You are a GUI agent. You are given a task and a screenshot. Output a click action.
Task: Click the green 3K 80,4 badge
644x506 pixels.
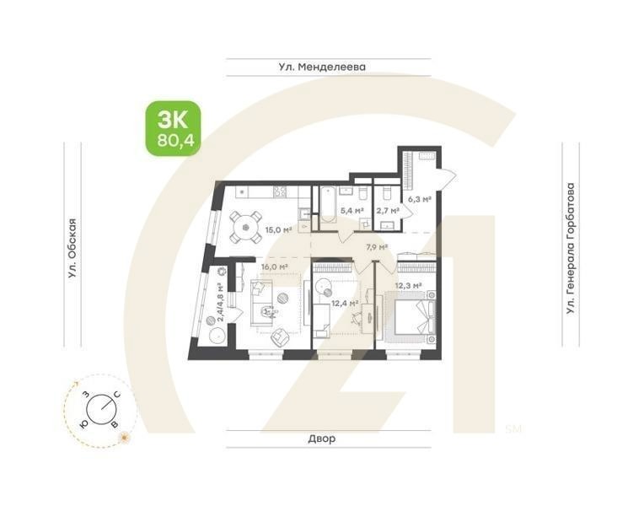pyautogui.click(x=173, y=128)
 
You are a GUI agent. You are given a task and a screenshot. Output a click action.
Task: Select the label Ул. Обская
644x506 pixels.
pyautogui.click(x=73, y=248)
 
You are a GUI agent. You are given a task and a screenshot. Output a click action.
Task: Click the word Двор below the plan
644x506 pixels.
pyautogui.click(x=321, y=439)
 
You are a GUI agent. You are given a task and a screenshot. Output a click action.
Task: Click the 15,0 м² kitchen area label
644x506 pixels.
pyautogui.click(x=278, y=229)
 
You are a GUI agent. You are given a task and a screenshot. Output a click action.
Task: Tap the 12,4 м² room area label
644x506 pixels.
pyautogui.click(x=344, y=304)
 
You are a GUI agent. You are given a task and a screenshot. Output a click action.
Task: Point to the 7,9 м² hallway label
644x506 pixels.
pyautogui.click(x=376, y=247)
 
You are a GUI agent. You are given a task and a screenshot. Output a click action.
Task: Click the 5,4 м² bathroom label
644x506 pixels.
pyautogui.click(x=351, y=211)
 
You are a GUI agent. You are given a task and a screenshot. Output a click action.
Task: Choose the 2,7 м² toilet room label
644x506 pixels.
pyautogui.click(x=387, y=211)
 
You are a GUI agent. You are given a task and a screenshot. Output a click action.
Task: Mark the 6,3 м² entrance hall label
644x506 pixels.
pyautogui.click(x=419, y=200)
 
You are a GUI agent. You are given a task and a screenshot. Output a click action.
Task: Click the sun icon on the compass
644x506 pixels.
pyautogui.click(x=125, y=437)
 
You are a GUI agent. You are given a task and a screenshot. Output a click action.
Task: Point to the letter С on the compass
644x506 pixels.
pyautogui.click(x=117, y=395)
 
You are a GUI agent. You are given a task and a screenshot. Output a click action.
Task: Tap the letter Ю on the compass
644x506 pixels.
pyautogui.click(x=83, y=424)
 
